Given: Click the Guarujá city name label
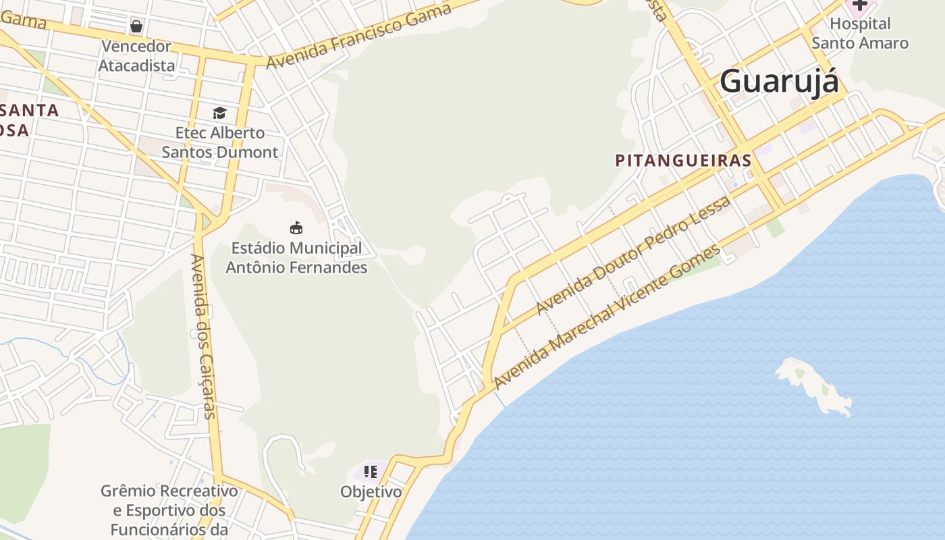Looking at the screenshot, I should click(x=779, y=82).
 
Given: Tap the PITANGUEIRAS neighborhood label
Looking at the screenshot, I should click(x=683, y=161).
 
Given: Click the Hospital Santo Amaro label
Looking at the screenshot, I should click(x=859, y=34).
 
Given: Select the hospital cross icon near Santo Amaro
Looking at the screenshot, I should click(x=859, y=5).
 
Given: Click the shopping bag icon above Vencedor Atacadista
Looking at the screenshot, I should click(x=136, y=26).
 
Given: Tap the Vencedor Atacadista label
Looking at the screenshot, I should click(x=136, y=56).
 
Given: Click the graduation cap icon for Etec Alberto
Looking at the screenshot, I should click(x=219, y=113).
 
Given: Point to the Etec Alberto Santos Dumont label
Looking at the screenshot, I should click(x=219, y=142).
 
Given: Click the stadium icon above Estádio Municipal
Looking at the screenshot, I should click(x=296, y=227).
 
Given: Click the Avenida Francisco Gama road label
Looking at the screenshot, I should click(x=358, y=36).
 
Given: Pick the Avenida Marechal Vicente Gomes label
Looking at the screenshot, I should click(x=607, y=317).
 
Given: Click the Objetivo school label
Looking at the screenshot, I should click(x=371, y=491).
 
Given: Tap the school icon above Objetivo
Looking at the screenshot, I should click(x=370, y=471).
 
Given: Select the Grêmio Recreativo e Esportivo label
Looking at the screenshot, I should click(x=169, y=510).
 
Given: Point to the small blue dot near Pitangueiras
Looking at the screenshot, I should click(x=735, y=184).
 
